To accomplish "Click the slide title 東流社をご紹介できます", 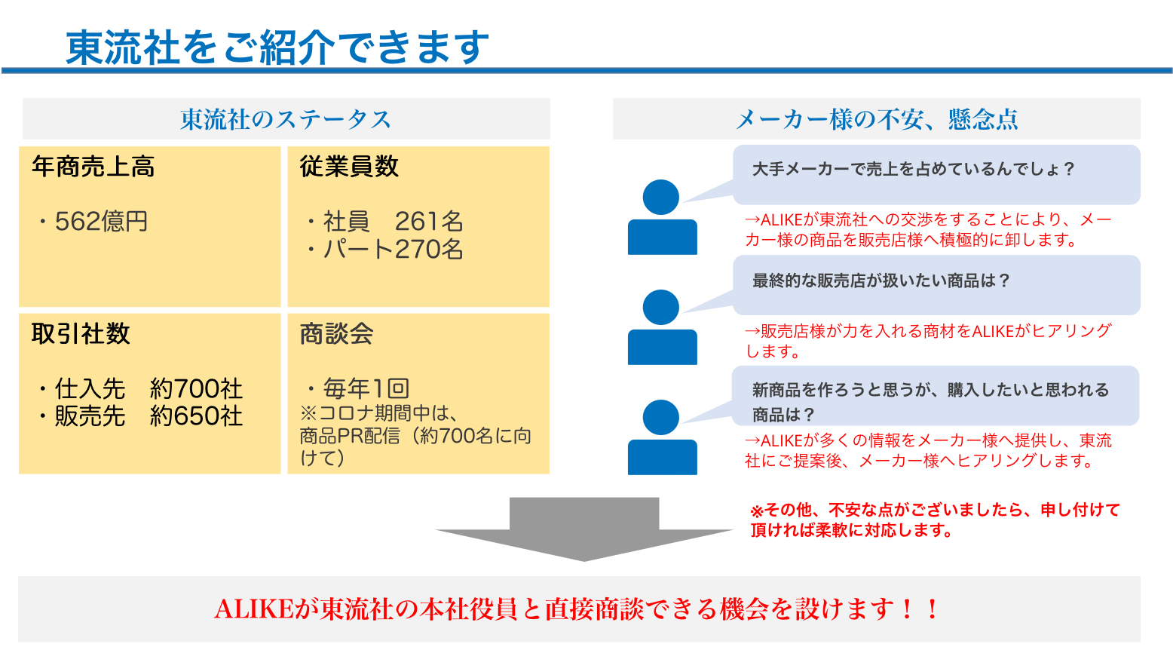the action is click(x=277, y=48).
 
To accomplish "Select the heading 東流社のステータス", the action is click(x=286, y=119).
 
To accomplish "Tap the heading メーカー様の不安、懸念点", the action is click(x=877, y=119).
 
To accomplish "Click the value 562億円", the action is click(x=101, y=221).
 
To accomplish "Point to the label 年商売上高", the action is click(x=93, y=167).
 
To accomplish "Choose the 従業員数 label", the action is click(x=349, y=167).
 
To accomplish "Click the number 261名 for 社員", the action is click(x=429, y=221).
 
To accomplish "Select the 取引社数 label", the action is click(x=81, y=334).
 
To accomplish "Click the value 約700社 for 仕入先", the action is click(x=196, y=388).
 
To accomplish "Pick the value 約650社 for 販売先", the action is click(x=196, y=416).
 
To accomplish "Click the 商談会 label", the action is click(x=337, y=334).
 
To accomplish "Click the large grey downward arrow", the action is click(x=584, y=532).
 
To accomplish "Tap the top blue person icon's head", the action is click(x=661, y=198).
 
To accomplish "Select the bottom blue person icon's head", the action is click(x=661, y=418).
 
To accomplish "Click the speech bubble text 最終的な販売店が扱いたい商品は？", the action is click(x=881, y=281).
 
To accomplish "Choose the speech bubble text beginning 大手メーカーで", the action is click(x=914, y=169).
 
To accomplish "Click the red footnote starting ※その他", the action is click(x=935, y=520).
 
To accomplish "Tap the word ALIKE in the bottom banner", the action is click(x=253, y=609).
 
